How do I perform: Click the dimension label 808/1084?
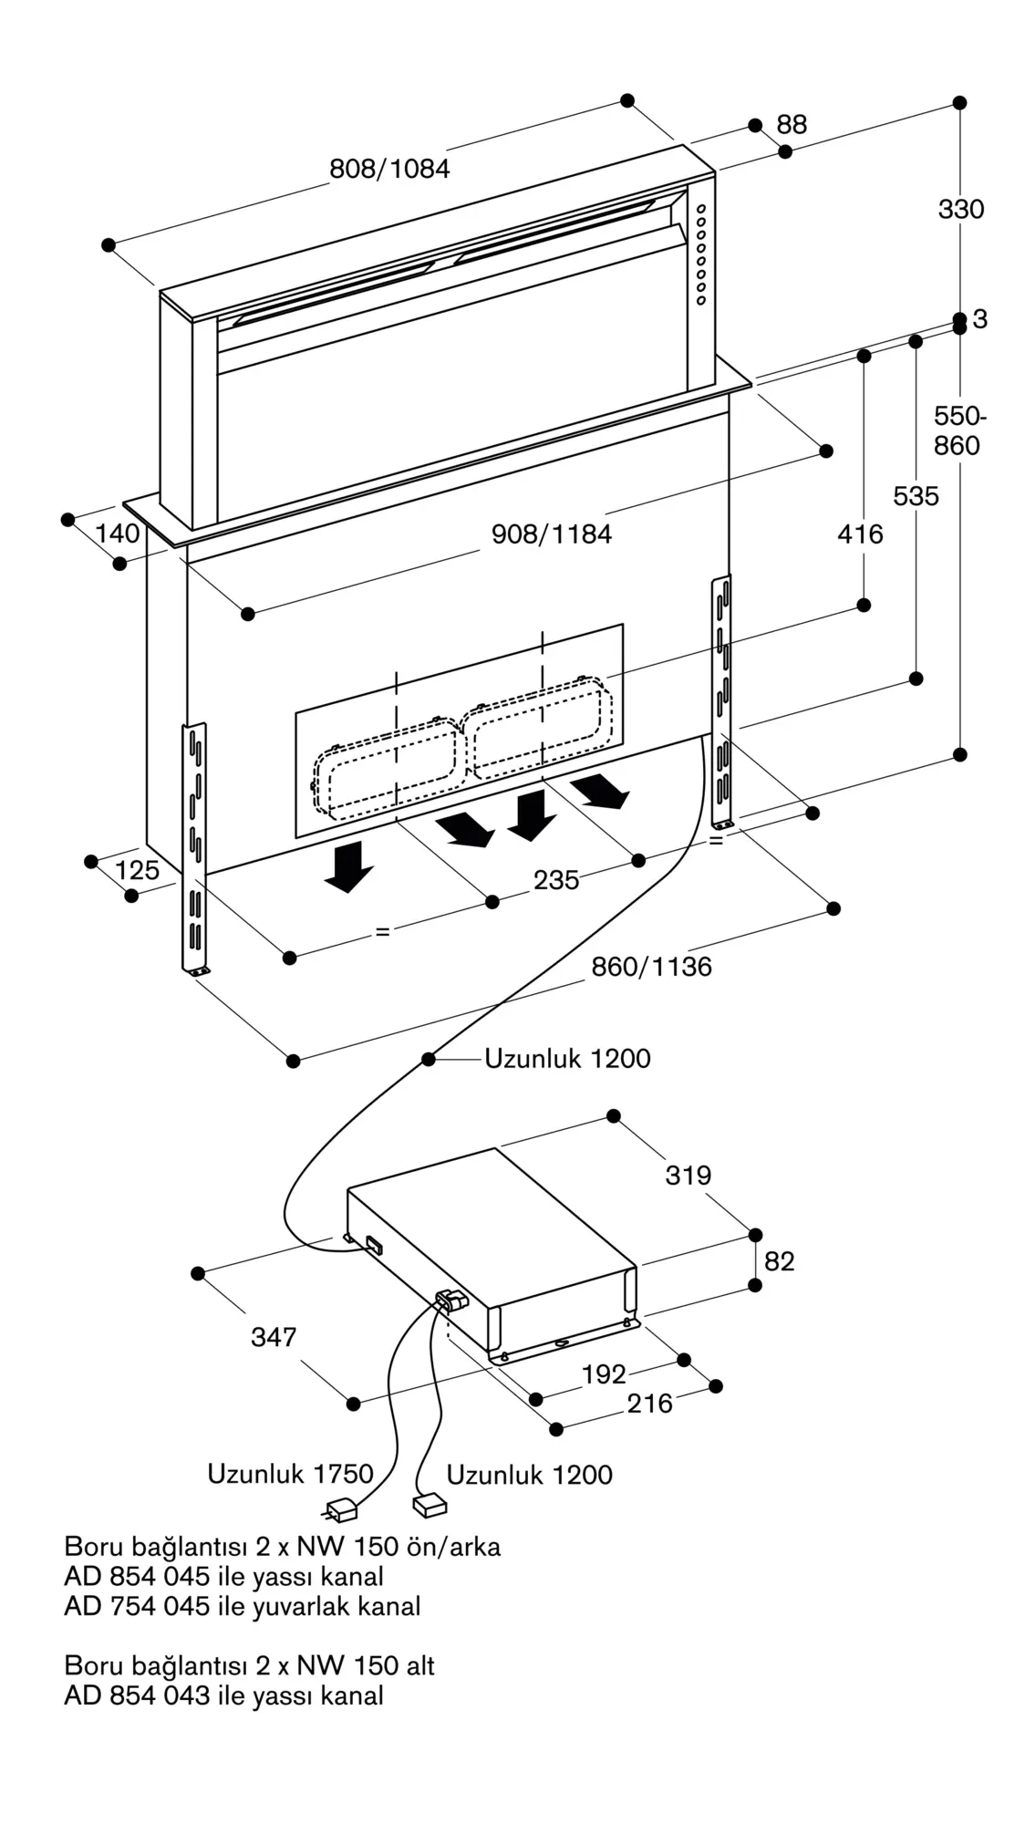(x=389, y=169)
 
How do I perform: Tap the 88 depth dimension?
(x=792, y=125)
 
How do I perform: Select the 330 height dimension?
(x=961, y=210)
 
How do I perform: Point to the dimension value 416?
(x=860, y=534)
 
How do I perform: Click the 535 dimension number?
(x=916, y=496)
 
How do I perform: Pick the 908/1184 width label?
(x=552, y=534)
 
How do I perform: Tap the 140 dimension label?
(x=118, y=534)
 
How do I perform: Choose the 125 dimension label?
(x=137, y=870)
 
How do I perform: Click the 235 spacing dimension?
(x=556, y=880)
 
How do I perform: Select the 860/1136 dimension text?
(x=651, y=967)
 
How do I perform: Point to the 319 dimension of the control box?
(x=688, y=1176)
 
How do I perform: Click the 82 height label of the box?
(x=780, y=1261)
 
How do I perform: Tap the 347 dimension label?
(x=274, y=1337)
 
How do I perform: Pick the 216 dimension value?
(x=649, y=1404)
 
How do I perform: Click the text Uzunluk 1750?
(x=290, y=1475)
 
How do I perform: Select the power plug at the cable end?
(x=340, y=1510)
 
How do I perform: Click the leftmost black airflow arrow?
(x=347, y=866)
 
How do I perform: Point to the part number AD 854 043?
(x=137, y=1696)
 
